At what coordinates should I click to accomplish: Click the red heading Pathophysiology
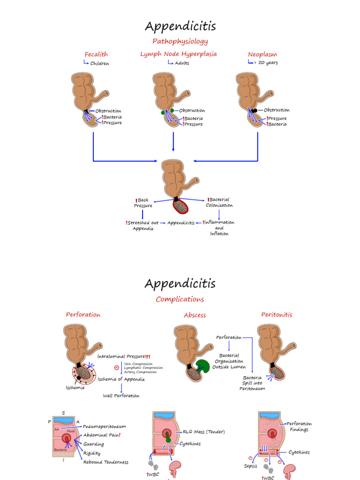(180, 41)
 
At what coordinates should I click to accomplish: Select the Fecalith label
(96, 54)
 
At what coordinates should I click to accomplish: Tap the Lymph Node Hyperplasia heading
(179, 54)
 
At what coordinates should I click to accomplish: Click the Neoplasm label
(262, 54)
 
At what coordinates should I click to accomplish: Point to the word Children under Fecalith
(99, 63)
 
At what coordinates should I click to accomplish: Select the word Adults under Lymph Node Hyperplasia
(182, 63)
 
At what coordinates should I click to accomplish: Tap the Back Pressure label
(143, 203)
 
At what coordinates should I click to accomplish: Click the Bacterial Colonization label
(219, 202)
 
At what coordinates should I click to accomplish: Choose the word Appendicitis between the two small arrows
(181, 223)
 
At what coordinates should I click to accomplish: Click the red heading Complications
(180, 299)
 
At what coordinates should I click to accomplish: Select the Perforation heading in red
(83, 315)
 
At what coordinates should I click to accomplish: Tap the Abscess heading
(195, 315)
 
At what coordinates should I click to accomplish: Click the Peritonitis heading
(277, 315)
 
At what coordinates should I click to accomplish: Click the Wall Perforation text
(121, 396)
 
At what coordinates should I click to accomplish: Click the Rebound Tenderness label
(106, 462)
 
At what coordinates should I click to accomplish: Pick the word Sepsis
(251, 466)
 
